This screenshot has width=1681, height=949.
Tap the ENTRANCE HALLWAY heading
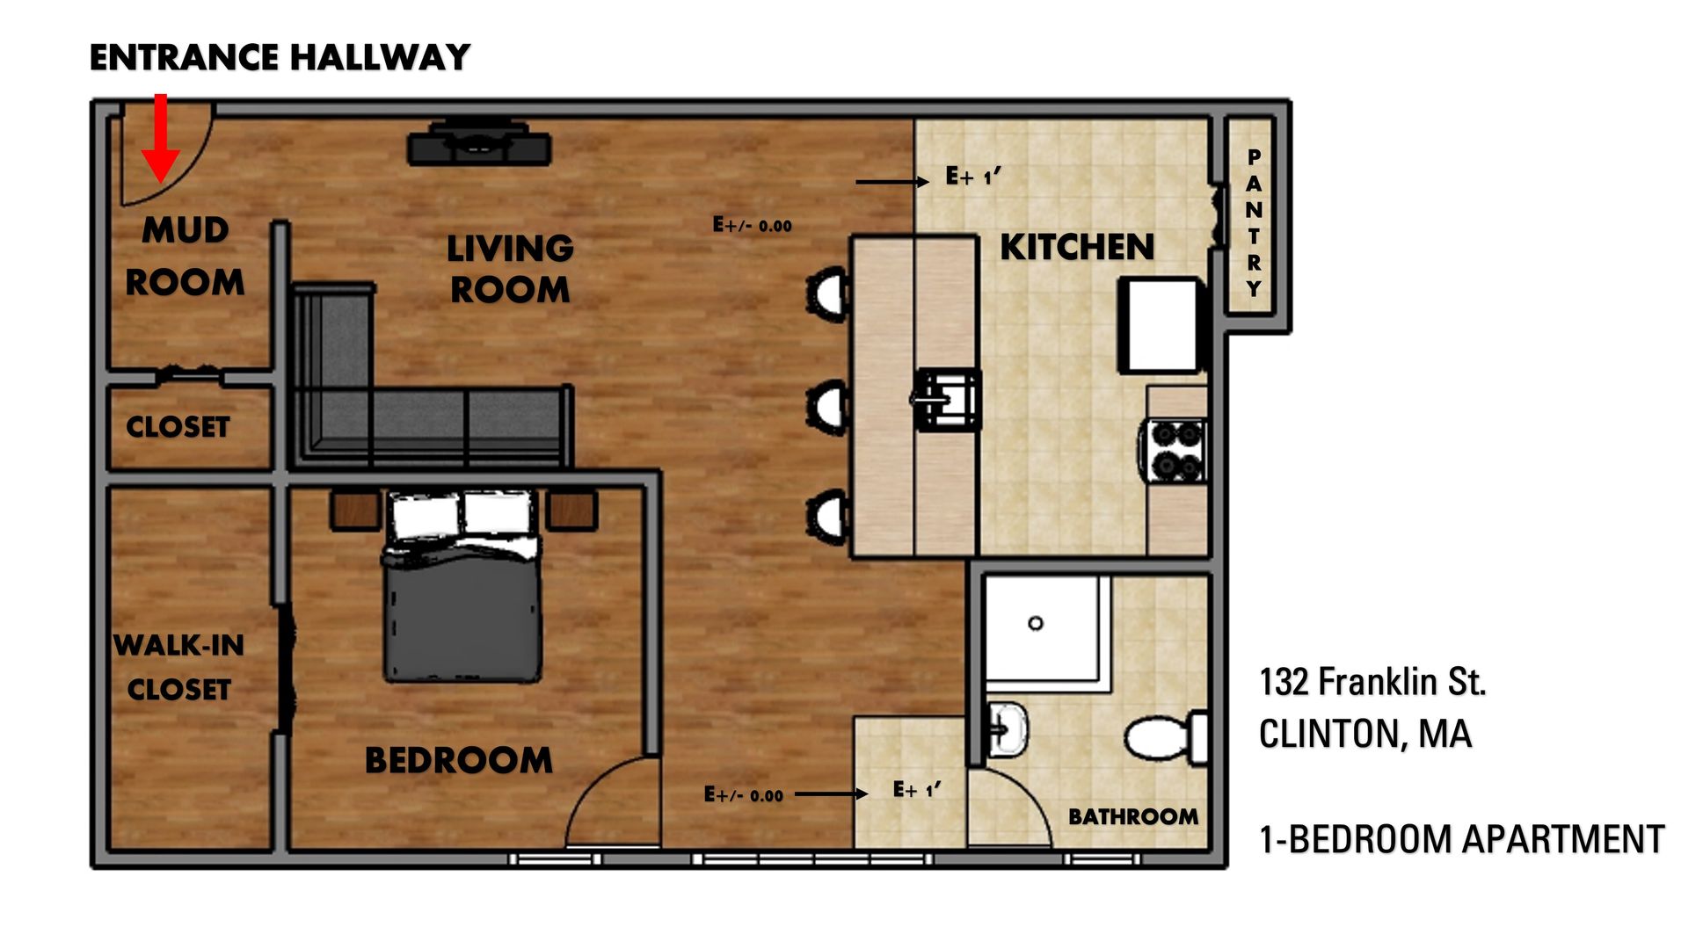[x=280, y=58]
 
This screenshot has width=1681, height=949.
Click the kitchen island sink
[x=947, y=399]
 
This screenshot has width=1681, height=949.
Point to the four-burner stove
[x=1176, y=451]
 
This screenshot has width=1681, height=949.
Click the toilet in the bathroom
[x=1165, y=737]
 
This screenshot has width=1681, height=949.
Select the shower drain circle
[x=1035, y=623]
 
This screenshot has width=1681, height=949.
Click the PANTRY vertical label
[x=1254, y=222]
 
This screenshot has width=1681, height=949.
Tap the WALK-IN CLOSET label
[x=179, y=667]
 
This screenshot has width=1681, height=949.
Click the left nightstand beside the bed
[x=354, y=510]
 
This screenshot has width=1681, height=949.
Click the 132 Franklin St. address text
[x=1372, y=683]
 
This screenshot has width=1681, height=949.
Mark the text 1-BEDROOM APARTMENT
[x=1461, y=839]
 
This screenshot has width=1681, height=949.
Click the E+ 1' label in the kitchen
[x=972, y=177]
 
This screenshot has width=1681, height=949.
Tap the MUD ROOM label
[x=185, y=256]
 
